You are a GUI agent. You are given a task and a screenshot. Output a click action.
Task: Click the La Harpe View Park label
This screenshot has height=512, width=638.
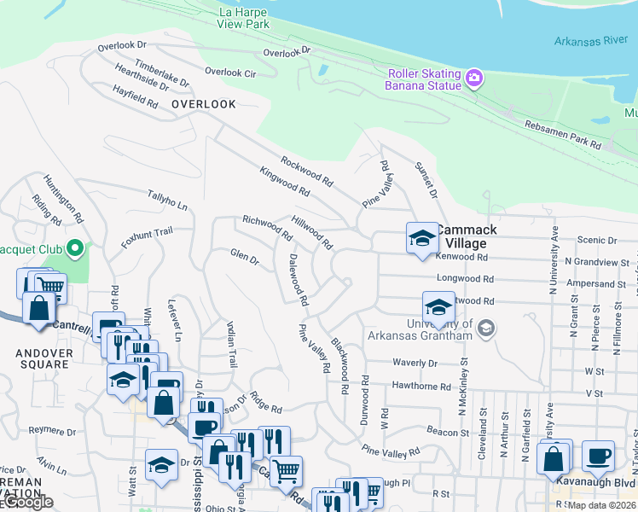pos(244,18)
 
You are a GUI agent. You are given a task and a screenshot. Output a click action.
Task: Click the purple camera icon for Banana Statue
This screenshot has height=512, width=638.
pos(474,79)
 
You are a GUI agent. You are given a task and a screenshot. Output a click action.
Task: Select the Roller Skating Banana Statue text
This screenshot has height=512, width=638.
pos(423,79)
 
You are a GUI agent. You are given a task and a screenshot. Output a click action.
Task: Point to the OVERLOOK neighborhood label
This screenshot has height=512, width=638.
pos(203,104)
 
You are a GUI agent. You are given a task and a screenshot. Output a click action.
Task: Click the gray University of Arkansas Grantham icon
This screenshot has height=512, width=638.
pos(485,329)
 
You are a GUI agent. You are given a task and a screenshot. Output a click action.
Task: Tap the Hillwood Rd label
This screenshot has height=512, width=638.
pos(311,232)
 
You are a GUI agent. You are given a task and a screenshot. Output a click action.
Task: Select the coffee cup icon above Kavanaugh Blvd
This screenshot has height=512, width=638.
pos(598,456)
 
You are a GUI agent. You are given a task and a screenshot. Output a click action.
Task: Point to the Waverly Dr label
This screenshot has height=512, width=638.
pos(415,363)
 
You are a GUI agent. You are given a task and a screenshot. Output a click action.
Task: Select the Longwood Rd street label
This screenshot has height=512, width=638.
pos(465,278)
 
